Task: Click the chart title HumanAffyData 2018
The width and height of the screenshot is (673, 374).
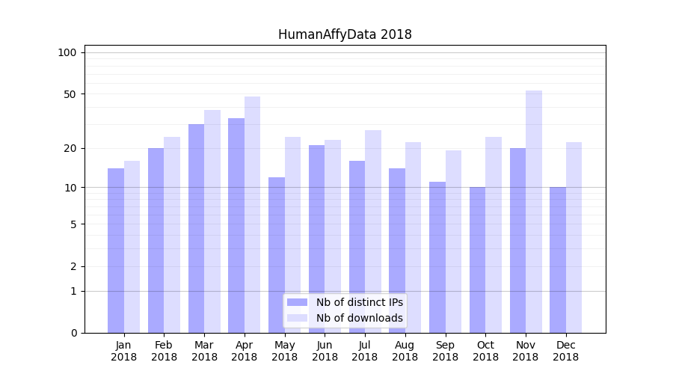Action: coord(345,34)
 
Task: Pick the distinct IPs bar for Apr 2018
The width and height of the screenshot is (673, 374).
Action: coord(236,225)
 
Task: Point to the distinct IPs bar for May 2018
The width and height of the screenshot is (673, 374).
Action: coord(277,255)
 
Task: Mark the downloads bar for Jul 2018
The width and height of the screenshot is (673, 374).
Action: coord(373,231)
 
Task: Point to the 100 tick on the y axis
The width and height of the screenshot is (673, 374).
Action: coord(67,52)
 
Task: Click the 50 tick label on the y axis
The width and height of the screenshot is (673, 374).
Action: coord(70,94)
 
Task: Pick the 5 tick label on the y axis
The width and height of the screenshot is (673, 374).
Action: coord(73,224)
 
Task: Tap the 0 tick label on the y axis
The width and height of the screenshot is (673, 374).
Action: coord(73,333)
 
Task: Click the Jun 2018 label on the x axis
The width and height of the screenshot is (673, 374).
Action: coord(325,351)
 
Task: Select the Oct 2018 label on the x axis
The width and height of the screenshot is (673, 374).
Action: coord(485,351)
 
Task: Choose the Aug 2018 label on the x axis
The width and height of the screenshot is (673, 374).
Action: coord(405,351)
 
